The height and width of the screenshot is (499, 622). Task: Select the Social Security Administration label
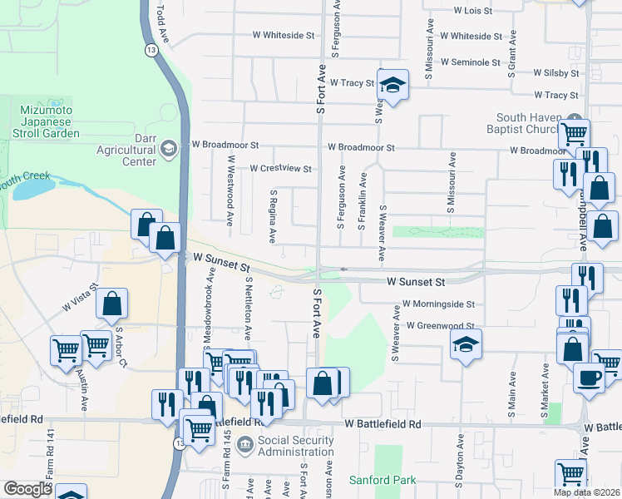tap(295, 445)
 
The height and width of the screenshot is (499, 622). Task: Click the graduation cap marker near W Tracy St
tap(392, 85)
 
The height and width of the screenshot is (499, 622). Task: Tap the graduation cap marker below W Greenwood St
tap(466, 343)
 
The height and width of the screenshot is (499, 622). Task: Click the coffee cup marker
tap(589, 378)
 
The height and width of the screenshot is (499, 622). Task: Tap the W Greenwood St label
tap(440, 326)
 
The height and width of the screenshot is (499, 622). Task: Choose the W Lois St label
tap(473, 11)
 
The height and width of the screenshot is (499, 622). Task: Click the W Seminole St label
tap(471, 62)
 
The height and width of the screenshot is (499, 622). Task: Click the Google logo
tap(27, 489)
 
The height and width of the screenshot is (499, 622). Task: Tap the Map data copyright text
tap(587, 492)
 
